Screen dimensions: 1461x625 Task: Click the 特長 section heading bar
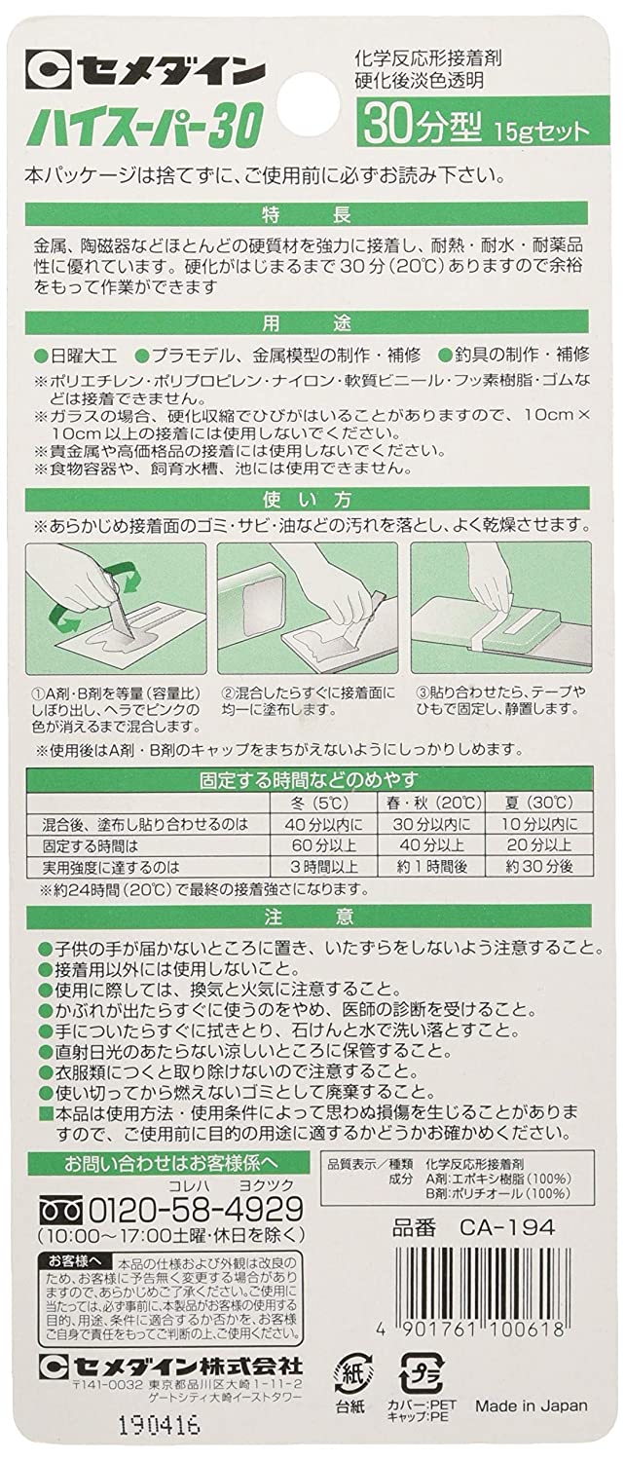(312, 213)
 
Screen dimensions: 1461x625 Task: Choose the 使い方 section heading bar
(312, 503)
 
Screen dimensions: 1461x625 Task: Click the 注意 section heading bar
(312, 918)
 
